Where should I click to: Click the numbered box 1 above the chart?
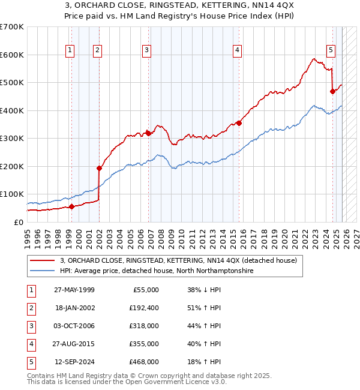point(71,51)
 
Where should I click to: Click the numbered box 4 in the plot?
point(238,51)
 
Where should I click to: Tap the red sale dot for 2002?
point(100,168)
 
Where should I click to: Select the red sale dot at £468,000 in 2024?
point(332,91)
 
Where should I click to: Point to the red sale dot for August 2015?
point(239,123)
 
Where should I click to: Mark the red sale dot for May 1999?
point(71,207)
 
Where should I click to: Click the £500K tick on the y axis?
point(12,83)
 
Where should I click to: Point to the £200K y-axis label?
point(12,166)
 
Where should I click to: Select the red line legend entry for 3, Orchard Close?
point(178,261)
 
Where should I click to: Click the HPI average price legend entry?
point(157,271)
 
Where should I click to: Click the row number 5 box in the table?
point(30,362)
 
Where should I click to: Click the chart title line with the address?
point(180,7)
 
